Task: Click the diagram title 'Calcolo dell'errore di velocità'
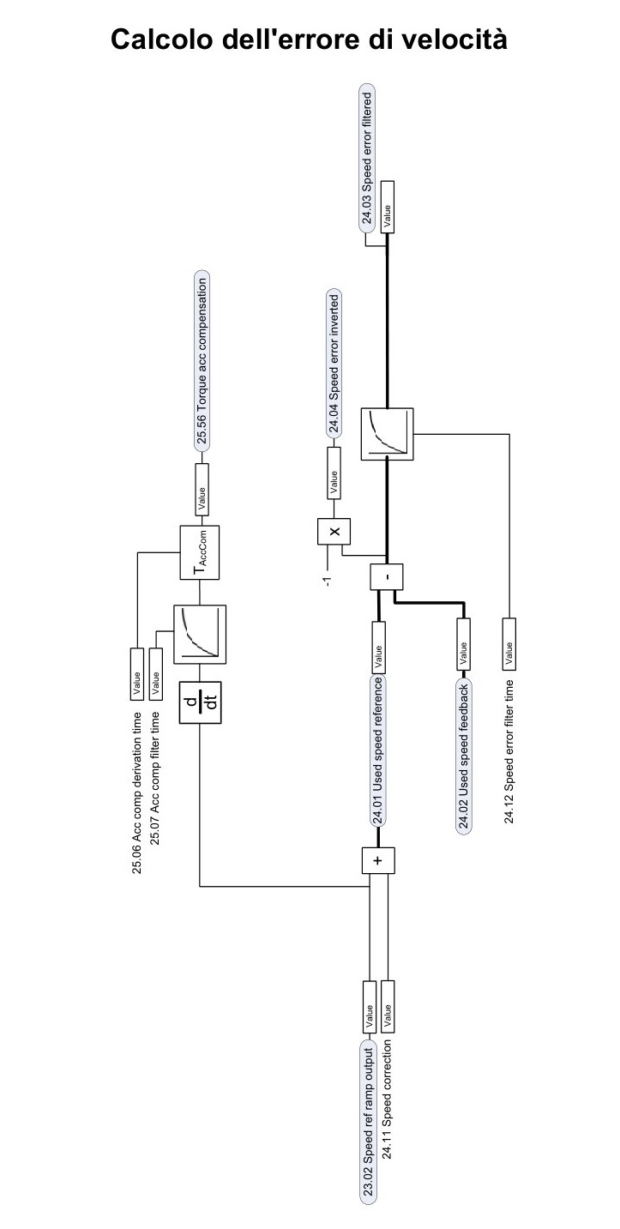309,39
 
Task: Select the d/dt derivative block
201,702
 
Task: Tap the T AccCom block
200,552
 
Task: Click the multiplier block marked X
334,531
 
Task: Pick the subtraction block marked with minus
386,576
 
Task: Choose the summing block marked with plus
378,860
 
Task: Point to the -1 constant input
328,581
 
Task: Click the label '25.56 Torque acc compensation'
202,360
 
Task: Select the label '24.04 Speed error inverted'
334,364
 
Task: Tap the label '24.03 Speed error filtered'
367,158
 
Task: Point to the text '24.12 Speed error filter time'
509,752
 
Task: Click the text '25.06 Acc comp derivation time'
136,792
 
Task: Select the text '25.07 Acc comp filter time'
155,778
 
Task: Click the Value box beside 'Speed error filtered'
388,207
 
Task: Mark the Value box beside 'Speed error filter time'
509,644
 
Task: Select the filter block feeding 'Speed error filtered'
388,434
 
